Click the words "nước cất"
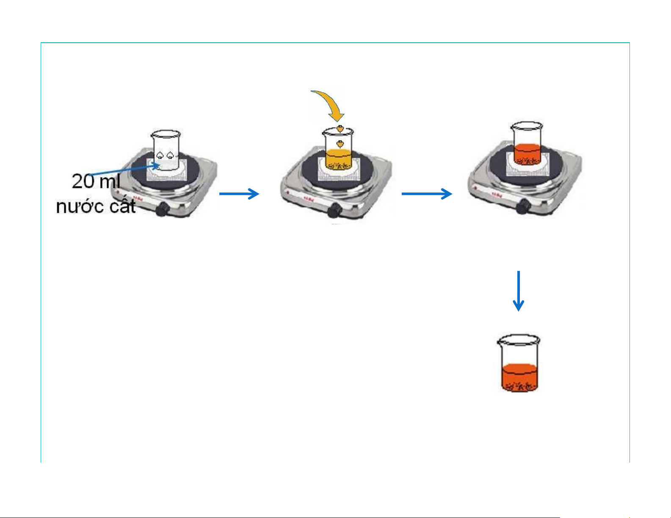point(96,206)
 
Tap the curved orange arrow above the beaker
point(330,103)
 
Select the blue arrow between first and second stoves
point(239,194)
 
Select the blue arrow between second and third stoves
point(426,194)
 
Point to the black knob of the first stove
point(162,209)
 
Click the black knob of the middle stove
point(336,209)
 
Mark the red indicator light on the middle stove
point(288,193)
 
